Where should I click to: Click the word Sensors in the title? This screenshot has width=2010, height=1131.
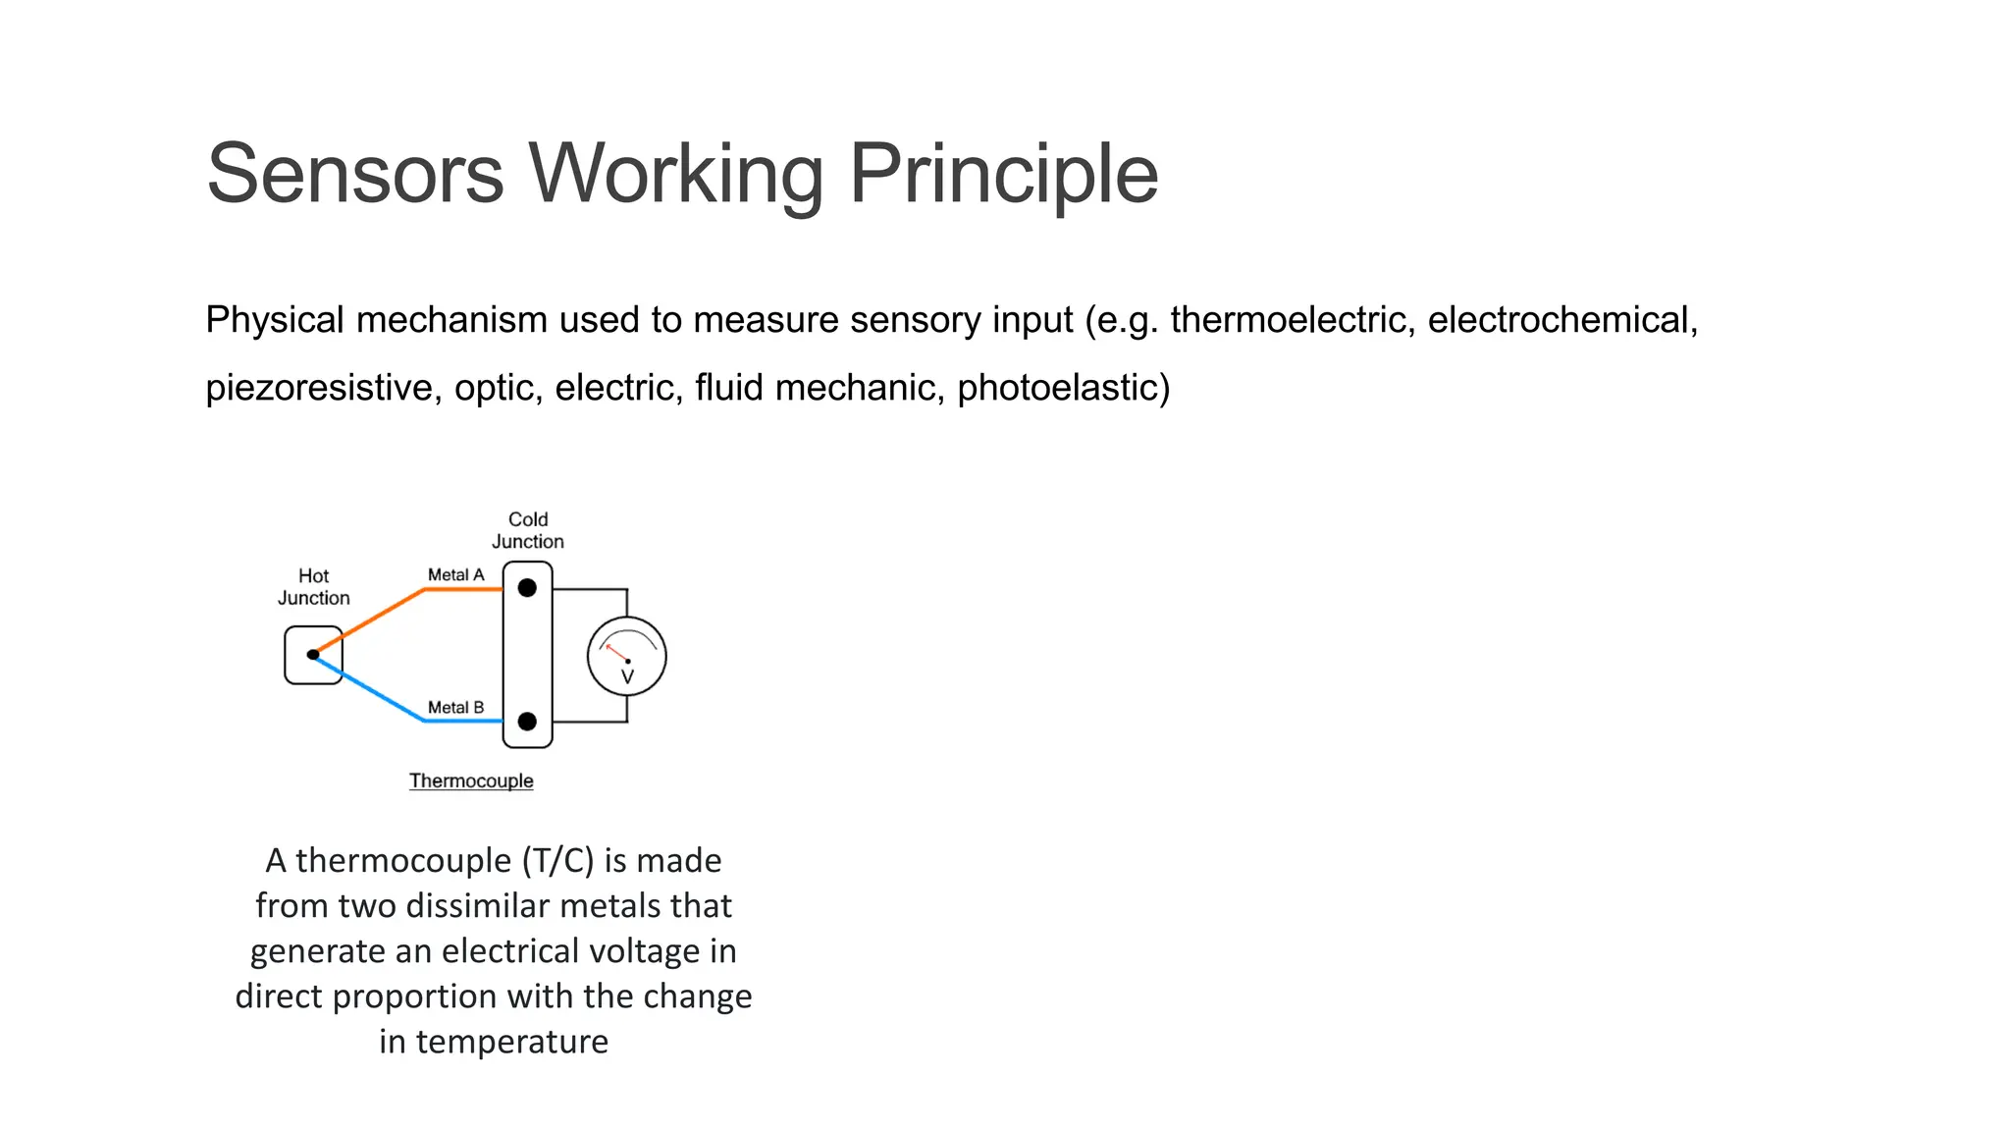tap(355, 174)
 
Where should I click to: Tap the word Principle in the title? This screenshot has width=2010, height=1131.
tap(1003, 174)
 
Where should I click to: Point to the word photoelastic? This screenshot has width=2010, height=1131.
tap(1058, 388)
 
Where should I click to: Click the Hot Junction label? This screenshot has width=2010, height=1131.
tap(313, 587)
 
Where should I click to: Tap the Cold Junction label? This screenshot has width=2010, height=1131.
tap(528, 530)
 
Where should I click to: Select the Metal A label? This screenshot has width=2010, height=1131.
tap(455, 575)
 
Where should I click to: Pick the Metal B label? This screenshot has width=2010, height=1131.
tap(455, 708)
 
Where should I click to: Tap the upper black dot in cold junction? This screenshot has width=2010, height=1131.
tap(527, 588)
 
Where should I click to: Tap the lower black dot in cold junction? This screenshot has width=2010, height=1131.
tap(527, 722)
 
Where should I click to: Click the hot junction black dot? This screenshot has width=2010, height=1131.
tap(313, 655)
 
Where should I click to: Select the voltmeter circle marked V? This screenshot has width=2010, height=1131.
tap(627, 657)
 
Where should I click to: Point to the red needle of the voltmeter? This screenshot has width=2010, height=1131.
tap(616, 652)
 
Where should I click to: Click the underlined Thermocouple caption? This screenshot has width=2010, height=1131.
tap(471, 781)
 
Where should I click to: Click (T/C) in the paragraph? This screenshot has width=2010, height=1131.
tap(558, 861)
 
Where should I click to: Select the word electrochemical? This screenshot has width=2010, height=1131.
tap(1560, 320)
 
